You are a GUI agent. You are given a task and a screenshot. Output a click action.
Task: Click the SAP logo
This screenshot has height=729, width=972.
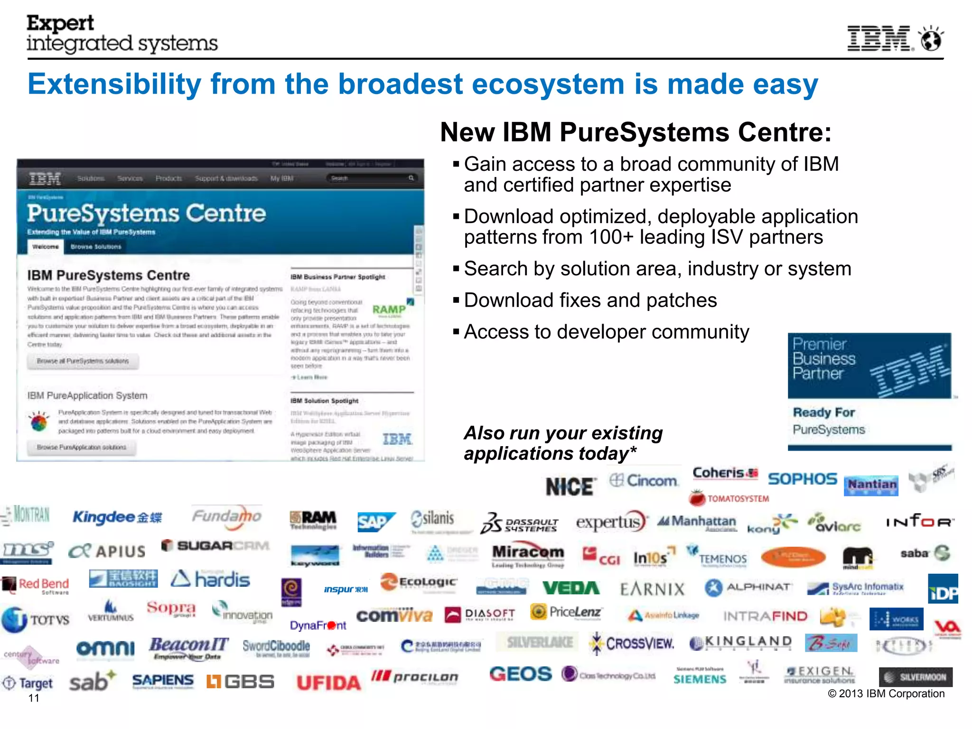[x=375, y=522]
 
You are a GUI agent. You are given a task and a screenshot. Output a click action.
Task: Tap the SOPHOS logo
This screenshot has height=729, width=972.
[x=802, y=479]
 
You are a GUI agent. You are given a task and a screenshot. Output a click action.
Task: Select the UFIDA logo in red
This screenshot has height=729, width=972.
[x=328, y=682]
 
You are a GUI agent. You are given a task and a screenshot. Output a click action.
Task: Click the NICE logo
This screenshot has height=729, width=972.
[x=570, y=487]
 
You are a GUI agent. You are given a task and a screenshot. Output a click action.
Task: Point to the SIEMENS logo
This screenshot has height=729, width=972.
[x=700, y=679]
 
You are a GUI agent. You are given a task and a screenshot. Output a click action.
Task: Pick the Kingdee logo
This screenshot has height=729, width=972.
[x=117, y=517]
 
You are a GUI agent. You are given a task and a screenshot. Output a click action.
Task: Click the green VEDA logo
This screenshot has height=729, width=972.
[x=571, y=588]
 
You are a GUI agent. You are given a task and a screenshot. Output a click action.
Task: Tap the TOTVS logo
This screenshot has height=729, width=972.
[x=36, y=619]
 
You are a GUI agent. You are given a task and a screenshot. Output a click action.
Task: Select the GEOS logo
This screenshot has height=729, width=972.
[x=520, y=674]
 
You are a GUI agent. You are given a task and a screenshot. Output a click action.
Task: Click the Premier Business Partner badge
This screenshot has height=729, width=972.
[x=869, y=365]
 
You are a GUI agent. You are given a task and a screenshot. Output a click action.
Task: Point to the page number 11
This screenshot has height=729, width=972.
[x=34, y=698]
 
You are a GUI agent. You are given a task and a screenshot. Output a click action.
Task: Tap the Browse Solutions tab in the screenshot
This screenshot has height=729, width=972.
[x=96, y=247]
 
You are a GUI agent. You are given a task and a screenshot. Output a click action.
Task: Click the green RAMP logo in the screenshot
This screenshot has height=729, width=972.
[x=389, y=309]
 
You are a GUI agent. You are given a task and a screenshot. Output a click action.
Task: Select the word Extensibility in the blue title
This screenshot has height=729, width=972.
[x=114, y=84]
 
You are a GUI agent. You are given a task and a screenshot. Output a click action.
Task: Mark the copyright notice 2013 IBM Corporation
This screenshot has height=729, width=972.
[x=886, y=693]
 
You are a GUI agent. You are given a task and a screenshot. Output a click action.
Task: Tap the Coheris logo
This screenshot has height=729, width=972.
[x=725, y=473]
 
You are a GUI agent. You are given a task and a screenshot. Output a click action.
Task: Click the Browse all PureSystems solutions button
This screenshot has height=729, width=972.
[x=83, y=361]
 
